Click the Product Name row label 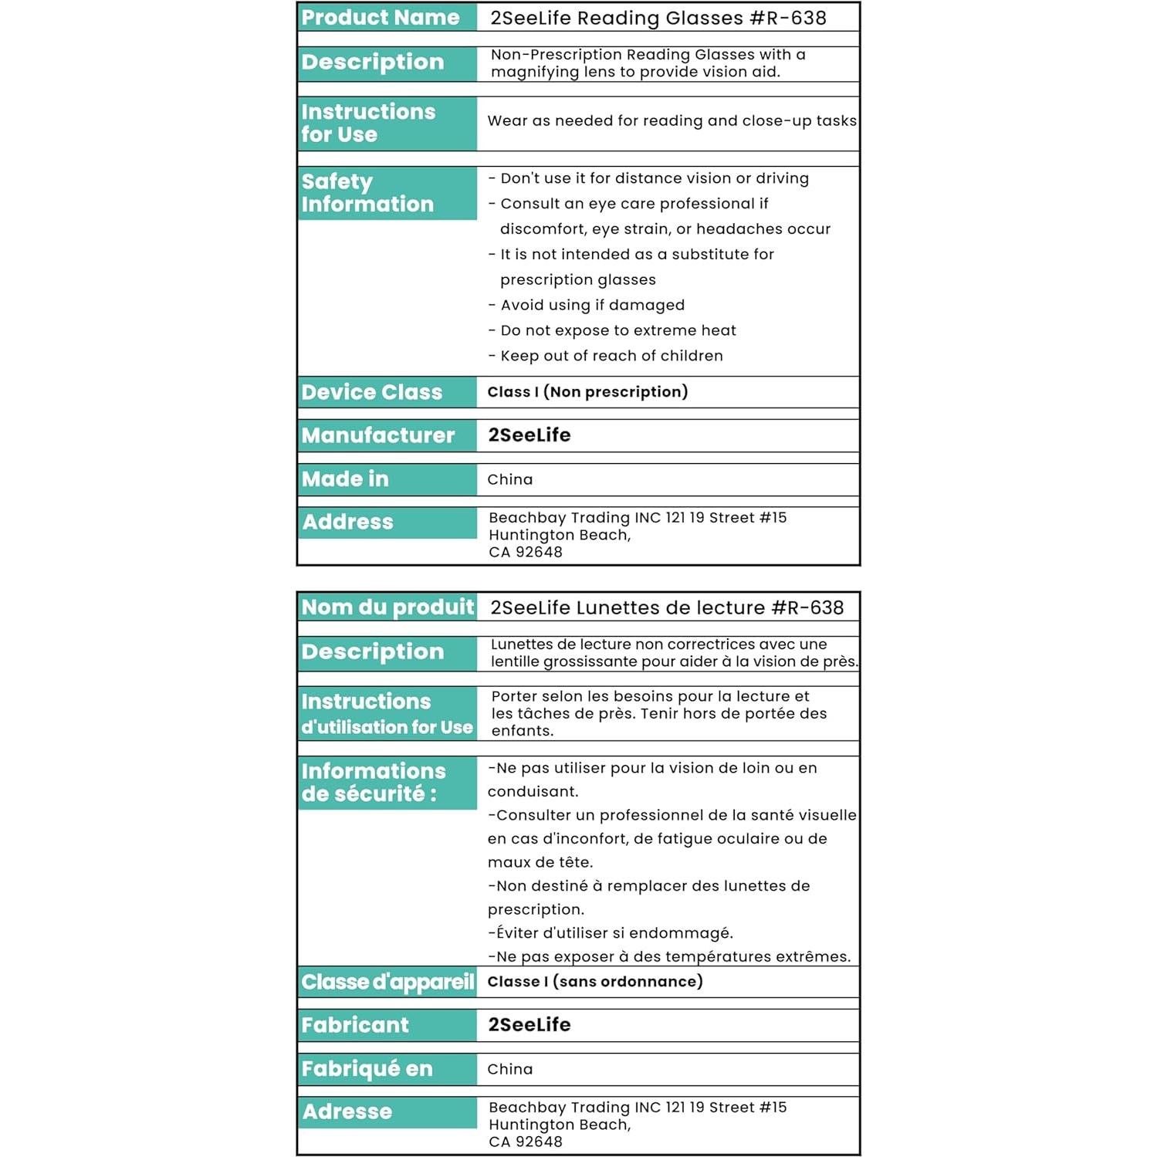pyautogui.click(x=381, y=18)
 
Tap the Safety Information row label pyautogui.click(x=367, y=193)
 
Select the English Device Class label pyautogui.click(x=372, y=392)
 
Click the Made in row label pyautogui.click(x=345, y=479)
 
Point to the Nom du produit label pyautogui.click(x=387, y=607)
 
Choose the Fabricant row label pyautogui.click(x=355, y=1025)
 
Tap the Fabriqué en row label pyautogui.click(x=367, y=1069)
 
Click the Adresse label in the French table pyautogui.click(x=347, y=1111)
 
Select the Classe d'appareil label pyautogui.click(x=387, y=982)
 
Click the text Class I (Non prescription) pyautogui.click(x=587, y=392)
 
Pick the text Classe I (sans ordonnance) pyautogui.click(x=595, y=982)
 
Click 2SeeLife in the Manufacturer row pyautogui.click(x=529, y=435)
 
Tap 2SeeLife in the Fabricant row pyautogui.click(x=529, y=1025)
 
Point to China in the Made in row pyautogui.click(x=510, y=480)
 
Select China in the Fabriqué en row pyautogui.click(x=510, y=1070)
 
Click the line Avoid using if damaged pyautogui.click(x=592, y=306)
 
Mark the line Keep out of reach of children pyautogui.click(x=611, y=356)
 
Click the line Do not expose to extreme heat pyautogui.click(x=617, y=331)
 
